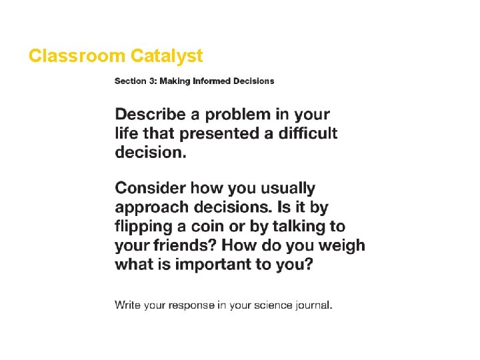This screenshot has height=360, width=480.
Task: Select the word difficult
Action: pyautogui.click(x=306, y=133)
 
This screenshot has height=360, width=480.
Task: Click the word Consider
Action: pyautogui.click(x=150, y=188)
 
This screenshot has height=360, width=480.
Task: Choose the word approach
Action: pyautogui.click(x=151, y=207)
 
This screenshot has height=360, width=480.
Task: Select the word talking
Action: pyautogui.click(x=298, y=226)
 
